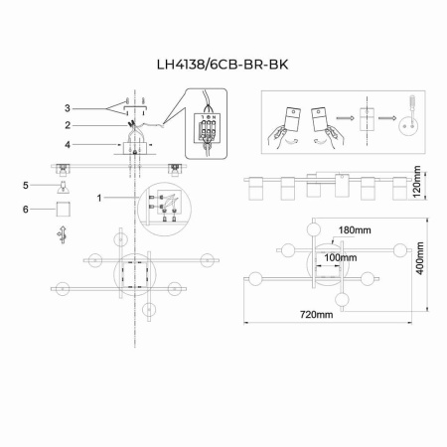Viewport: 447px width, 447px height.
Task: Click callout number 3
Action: point(68,107)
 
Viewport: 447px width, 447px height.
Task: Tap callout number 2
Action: point(68,126)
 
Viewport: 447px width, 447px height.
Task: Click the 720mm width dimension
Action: point(316,315)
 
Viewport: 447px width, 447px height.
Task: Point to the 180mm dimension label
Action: point(354,230)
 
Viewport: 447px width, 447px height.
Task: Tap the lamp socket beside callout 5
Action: point(62,187)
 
